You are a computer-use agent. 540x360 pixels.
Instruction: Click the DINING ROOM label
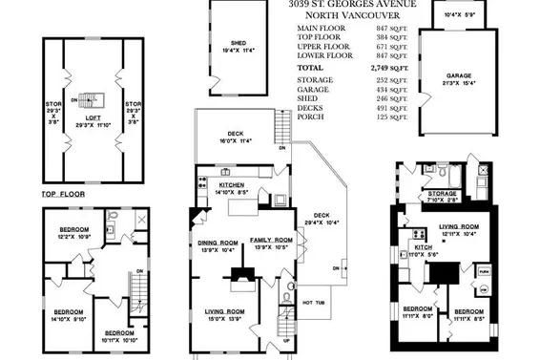tap(217, 244)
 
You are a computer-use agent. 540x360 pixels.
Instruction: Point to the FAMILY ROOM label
tap(271, 241)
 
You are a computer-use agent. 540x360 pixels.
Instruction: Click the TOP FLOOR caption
tap(64, 195)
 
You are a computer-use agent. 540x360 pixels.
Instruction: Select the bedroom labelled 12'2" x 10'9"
tap(73, 232)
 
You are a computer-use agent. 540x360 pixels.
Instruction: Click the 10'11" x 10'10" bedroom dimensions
tap(119, 340)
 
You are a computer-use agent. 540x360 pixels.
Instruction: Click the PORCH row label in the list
tap(309, 118)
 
